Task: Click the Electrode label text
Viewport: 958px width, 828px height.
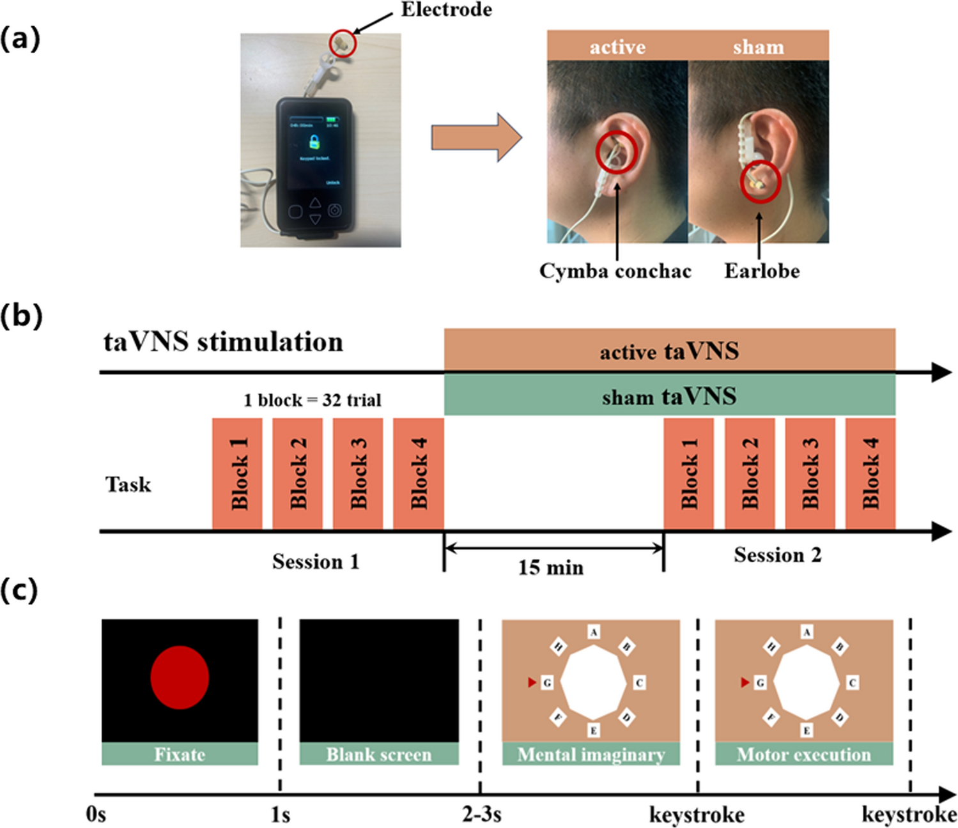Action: (446, 10)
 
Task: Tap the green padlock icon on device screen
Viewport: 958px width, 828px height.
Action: (314, 141)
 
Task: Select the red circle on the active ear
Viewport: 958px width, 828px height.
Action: (617, 152)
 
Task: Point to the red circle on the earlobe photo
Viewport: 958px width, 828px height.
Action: (761, 182)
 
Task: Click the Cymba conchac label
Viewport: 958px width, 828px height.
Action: (615, 271)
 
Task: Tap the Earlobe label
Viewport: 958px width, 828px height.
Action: (761, 271)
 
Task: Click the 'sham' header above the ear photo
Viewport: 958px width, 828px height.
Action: (758, 47)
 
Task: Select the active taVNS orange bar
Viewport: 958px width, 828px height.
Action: (669, 350)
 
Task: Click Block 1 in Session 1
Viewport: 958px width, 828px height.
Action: (237, 473)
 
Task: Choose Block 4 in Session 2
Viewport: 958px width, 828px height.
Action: (870, 473)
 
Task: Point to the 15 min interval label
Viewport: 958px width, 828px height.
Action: (550, 567)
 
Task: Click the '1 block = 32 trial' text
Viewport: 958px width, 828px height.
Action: (312, 401)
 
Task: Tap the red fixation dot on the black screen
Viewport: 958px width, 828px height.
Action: (180, 677)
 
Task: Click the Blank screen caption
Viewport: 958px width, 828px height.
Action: (379, 755)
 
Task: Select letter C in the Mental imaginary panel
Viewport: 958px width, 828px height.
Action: (639, 682)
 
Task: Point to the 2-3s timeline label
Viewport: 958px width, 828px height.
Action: (482, 815)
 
